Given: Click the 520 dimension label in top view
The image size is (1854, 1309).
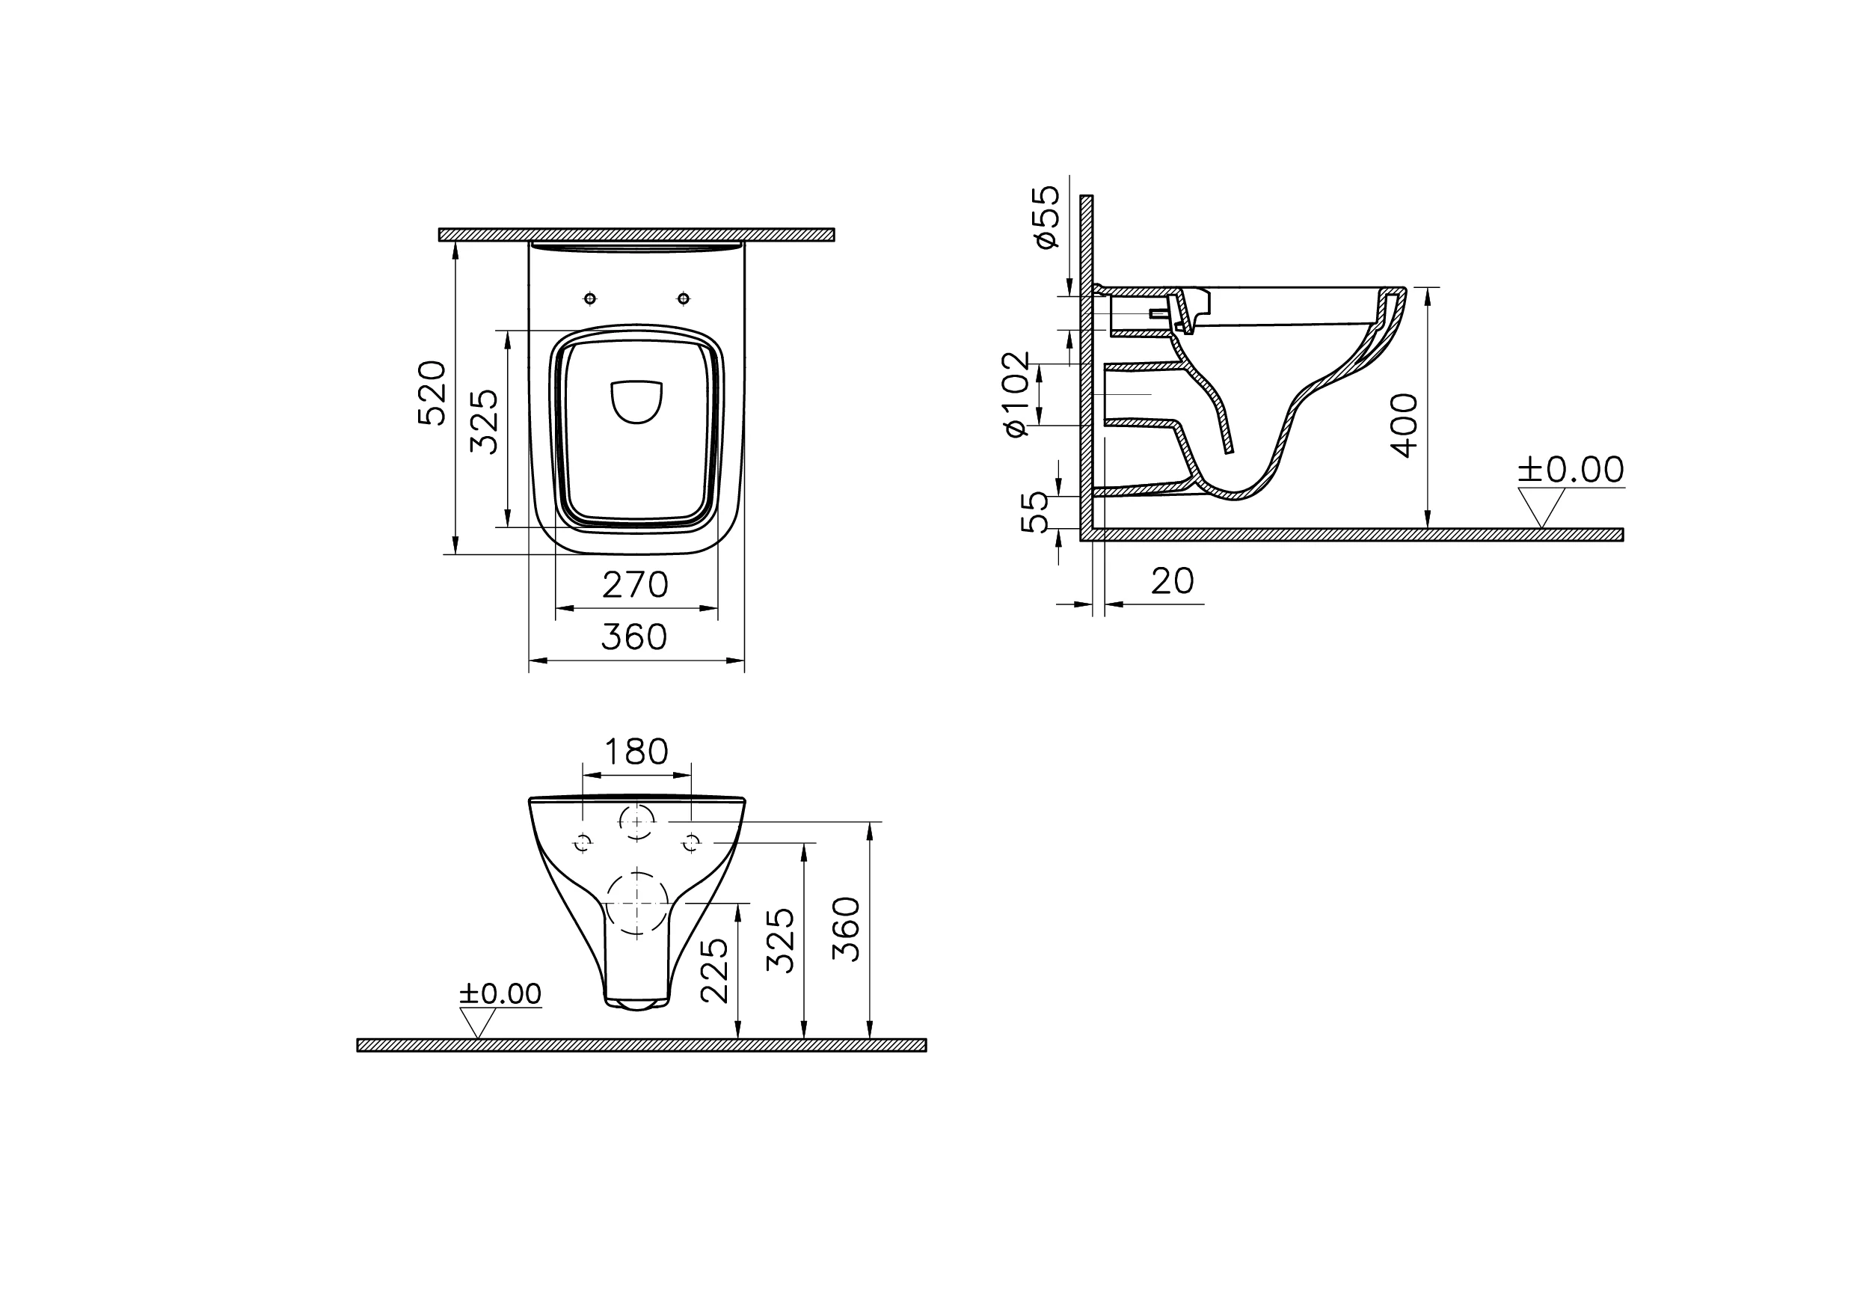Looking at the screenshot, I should click(432, 393).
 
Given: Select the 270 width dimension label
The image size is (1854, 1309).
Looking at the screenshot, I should click(636, 586).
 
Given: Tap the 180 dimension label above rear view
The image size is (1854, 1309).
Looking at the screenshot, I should click(636, 752).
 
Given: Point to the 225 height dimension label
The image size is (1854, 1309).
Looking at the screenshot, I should click(715, 970).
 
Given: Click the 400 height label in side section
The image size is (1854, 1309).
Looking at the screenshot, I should click(1406, 425).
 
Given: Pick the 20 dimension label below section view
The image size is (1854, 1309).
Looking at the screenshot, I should click(1173, 581).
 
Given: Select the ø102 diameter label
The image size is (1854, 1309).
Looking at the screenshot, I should click(1017, 394).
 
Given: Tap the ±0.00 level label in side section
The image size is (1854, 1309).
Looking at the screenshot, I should click(1570, 470).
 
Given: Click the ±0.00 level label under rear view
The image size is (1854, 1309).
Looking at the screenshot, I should click(500, 994).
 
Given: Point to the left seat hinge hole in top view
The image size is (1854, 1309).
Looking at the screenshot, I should click(590, 298).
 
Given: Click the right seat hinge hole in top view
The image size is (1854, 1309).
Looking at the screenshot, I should click(684, 298).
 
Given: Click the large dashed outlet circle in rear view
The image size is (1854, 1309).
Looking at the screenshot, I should click(637, 903).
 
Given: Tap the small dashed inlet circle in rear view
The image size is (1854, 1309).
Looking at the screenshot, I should click(637, 822).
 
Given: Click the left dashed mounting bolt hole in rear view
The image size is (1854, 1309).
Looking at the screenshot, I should click(582, 843).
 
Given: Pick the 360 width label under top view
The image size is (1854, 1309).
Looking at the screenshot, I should click(634, 638).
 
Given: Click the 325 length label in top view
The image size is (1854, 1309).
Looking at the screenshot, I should click(485, 422).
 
